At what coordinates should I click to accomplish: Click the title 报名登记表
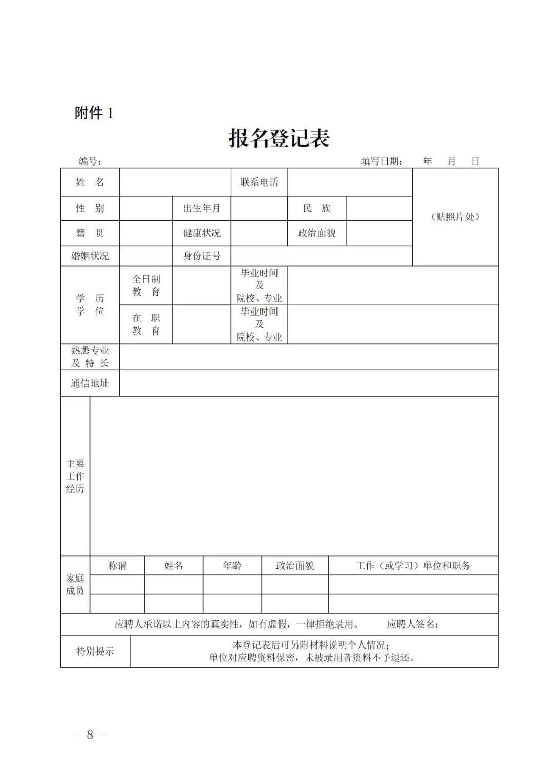[279, 138]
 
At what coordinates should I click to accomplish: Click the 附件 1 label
[94, 113]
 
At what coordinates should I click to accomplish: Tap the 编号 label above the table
[90, 162]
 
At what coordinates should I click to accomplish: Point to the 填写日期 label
[381, 162]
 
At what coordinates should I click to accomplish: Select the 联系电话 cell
[259, 182]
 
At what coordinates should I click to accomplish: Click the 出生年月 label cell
[202, 208]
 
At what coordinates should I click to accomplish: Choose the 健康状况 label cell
[202, 233]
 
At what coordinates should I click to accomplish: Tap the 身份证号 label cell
[202, 256]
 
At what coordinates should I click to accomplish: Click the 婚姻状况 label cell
[90, 256]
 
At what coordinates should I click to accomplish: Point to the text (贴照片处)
[455, 217]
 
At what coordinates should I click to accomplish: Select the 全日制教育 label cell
[146, 285]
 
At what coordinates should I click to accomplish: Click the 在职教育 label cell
[146, 324]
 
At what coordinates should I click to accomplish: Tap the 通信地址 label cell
[90, 383]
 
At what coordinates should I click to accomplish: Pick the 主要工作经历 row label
[75, 476]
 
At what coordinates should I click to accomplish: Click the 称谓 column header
[117, 566]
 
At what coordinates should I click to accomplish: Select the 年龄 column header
[232, 566]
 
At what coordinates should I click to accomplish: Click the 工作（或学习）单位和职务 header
[413, 566]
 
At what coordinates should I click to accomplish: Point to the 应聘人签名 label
[412, 624]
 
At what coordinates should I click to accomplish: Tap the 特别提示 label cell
[95, 651]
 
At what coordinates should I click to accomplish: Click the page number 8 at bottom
[90, 734]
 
